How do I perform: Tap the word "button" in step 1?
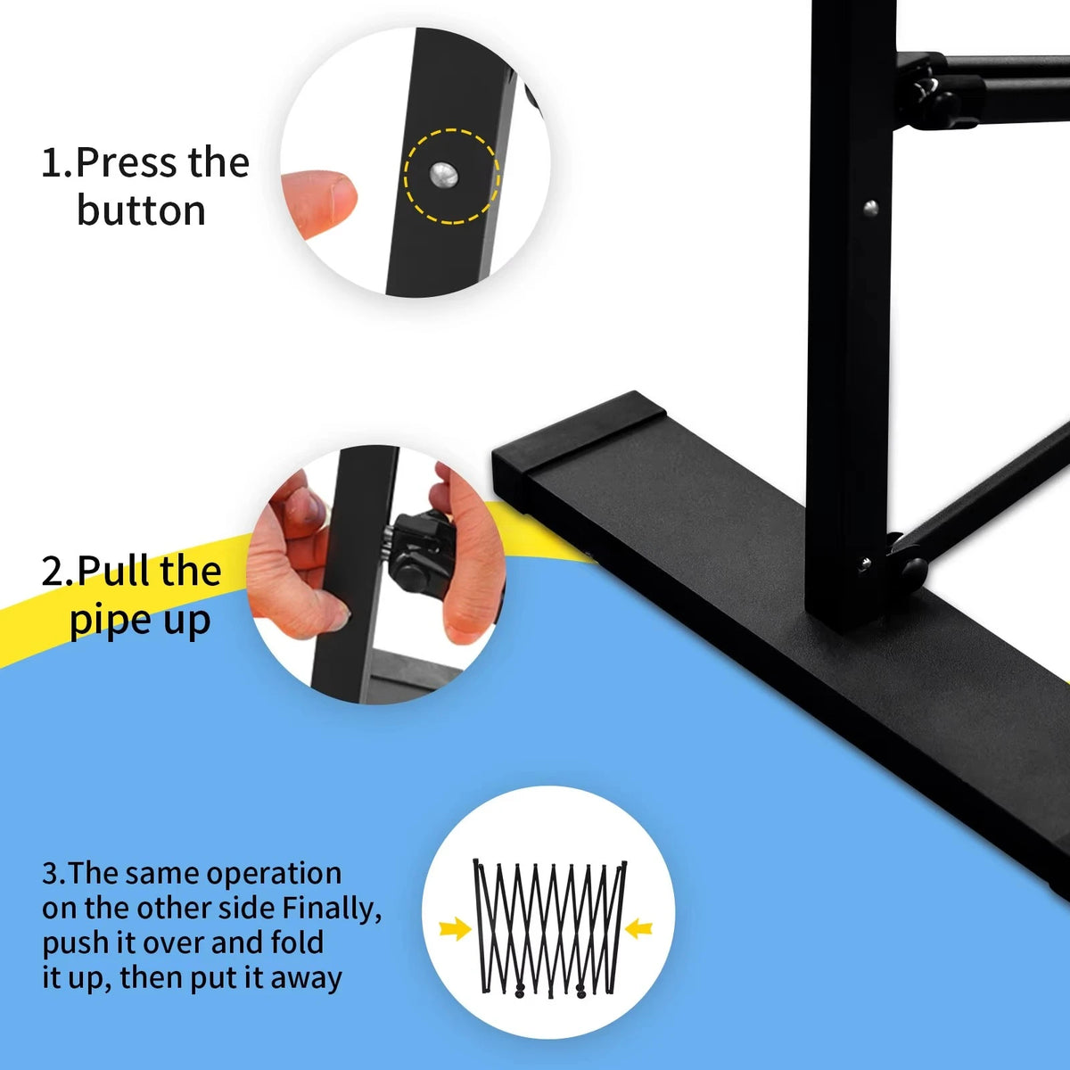[x=141, y=211]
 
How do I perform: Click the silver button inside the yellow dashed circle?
[x=444, y=176]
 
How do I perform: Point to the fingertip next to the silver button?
[x=327, y=200]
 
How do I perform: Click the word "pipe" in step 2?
[x=103, y=621]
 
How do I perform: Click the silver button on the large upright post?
[x=870, y=209]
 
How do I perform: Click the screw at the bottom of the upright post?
[x=863, y=564]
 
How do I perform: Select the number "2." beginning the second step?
[x=57, y=572]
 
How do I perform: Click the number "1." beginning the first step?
[x=57, y=164]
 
